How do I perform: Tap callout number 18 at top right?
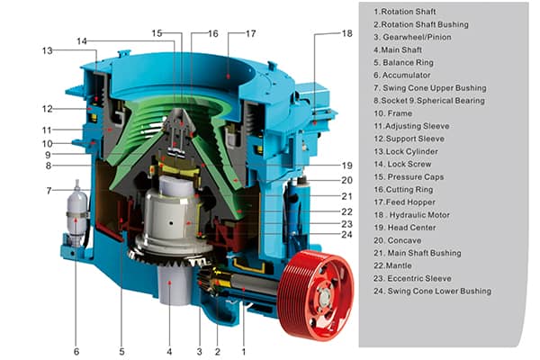click(x=346, y=33)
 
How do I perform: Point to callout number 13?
click(x=47, y=51)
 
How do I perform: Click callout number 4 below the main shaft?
click(x=166, y=351)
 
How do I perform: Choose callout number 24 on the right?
click(x=346, y=235)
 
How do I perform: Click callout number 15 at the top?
click(x=157, y=33)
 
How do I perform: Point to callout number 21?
click(x=346, y=195)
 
